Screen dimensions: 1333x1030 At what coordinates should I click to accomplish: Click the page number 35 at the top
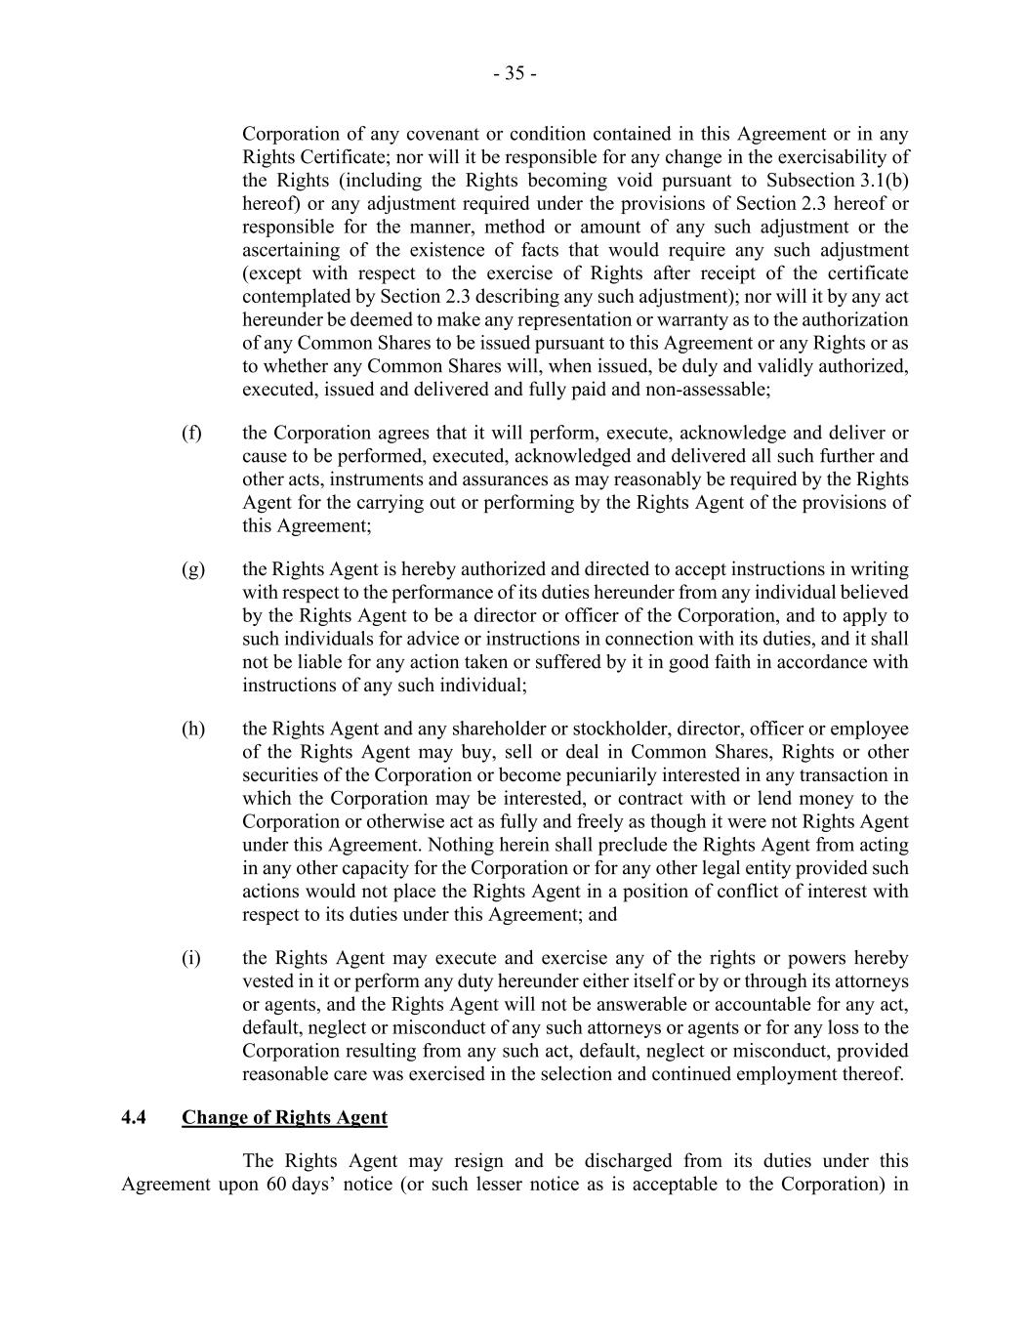coord(514,73)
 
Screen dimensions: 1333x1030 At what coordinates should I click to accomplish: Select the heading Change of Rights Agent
coord(284,1117)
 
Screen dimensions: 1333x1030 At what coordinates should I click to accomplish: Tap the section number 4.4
coord(134,1117)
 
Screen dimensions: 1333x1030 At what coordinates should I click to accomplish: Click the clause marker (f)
coord(191,433)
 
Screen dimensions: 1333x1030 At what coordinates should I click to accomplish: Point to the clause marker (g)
coord(192,569)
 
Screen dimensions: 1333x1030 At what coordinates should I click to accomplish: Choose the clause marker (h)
coord(192,729)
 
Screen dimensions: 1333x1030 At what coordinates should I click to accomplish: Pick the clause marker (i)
coord(190,958)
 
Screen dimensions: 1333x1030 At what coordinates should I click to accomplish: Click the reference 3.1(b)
coord(883,181)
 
